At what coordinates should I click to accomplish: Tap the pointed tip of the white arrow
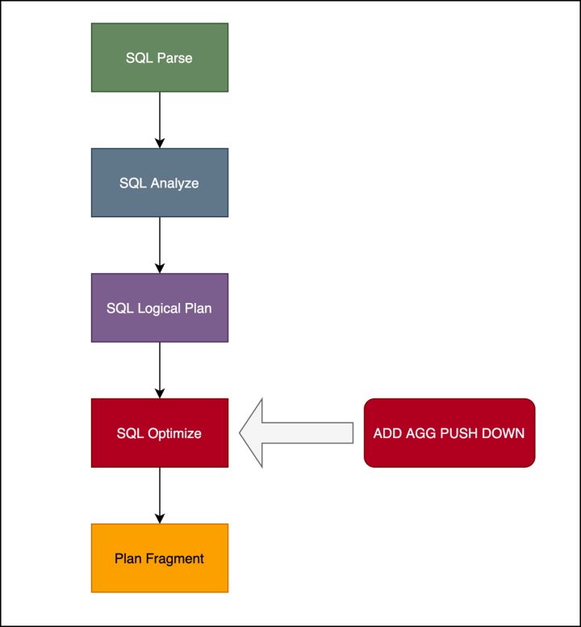pyautogui.click(x=241, y=433)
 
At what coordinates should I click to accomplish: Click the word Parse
pyautogui.click(x=175, y=58)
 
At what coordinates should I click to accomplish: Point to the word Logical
pyautogui.click(x=165, y=309)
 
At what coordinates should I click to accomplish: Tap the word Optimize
pyautogui.click(x=174, y=434)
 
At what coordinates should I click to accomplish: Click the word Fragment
pyautogui.click(x=175, y=559)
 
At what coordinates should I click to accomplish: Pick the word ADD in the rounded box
pyautogui.click(x=387, y=434)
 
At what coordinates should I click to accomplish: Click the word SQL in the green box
pyautogui.click(x=138, y=58)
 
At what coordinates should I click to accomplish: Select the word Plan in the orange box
pyautogui.click(x=127, y=559)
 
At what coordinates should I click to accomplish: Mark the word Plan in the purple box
pyautogui.click(x=199, y=309)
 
